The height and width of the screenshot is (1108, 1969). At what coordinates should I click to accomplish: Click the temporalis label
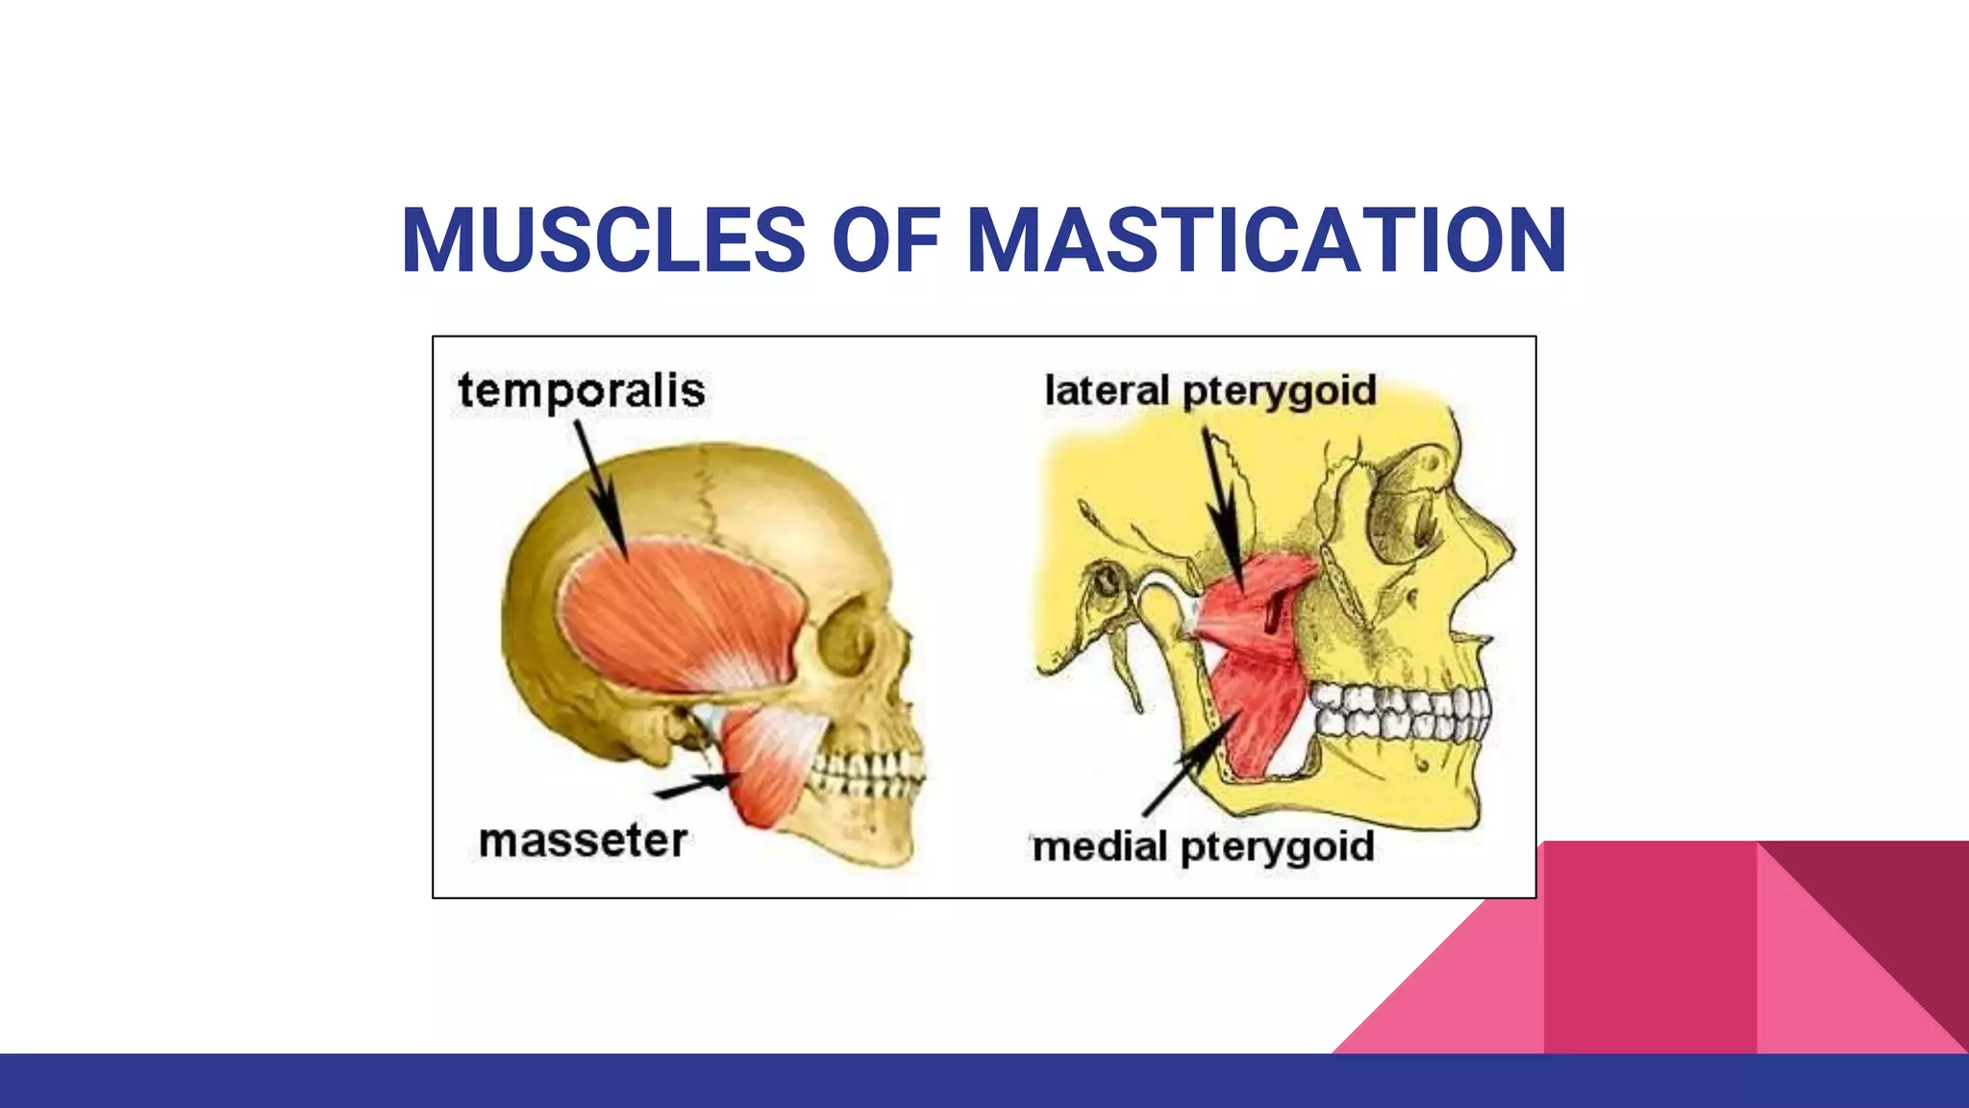coord(582,391)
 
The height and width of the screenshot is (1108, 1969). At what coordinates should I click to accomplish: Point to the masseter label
coord(583,842)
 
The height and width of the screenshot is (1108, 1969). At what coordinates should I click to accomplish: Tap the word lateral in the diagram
coord(1107,390)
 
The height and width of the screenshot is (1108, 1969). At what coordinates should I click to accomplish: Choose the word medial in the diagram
coord(1099,847)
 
